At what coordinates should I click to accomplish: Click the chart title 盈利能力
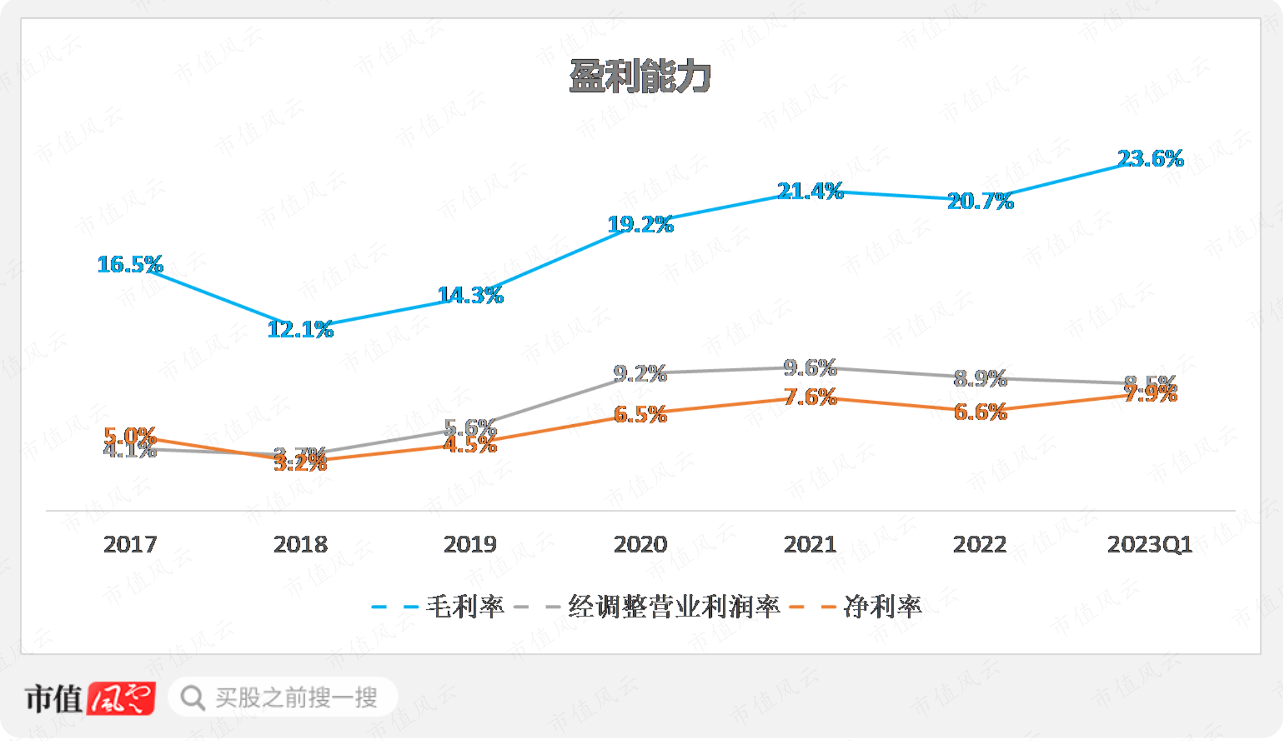click(639, 76)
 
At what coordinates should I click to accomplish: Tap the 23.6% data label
click(1150, 158)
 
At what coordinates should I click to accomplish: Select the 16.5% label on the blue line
click(131, 264)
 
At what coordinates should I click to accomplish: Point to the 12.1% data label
click(300, 329)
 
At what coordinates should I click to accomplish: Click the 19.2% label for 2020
click(641, 224)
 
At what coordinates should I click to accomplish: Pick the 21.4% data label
click(810, 191)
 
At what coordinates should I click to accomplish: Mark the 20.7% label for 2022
click(981, 201)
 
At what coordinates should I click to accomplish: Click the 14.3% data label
click(470, 295)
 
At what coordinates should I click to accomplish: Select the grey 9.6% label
click(810, 367)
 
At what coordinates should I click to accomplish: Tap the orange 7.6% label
click(810, 397)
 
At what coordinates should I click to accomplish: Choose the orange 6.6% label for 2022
click(981, 412)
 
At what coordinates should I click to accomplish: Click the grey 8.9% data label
click(981, 378)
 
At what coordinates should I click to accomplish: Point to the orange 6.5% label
click(640, 414)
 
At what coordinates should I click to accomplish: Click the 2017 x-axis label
click(130, 544)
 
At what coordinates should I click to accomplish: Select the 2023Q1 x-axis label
click(1150, 544)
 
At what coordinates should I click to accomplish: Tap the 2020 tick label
click(640, 544)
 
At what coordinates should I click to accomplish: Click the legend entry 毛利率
click(465, 606)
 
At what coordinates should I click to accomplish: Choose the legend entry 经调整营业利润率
click(673, 606)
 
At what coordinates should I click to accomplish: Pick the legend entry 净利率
click(882, 606)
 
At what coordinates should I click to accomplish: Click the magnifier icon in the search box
click(192, 698)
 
